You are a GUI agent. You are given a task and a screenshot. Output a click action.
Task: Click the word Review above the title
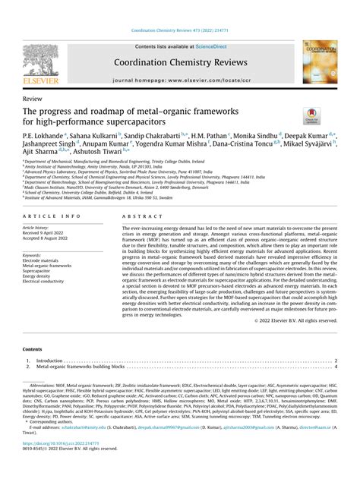pos(33,99)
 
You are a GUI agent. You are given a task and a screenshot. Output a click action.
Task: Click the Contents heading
pos(33,350)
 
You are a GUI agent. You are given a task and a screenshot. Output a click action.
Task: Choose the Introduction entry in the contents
pos(50,361)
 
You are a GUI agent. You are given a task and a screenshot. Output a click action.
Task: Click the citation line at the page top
pos(179,31)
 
